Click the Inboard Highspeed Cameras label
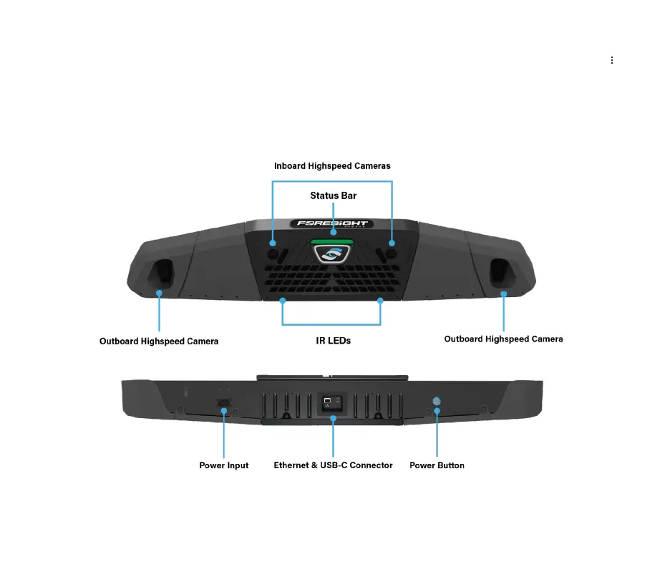click(x=332, y=166)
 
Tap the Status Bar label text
click(x=333, y=195)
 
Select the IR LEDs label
click(x=333, y=341)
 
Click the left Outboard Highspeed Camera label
click(x=159, y=341)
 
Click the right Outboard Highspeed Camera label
click(x=503, y=339)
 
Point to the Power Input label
click(x=223, y=465)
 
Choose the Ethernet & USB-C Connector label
click(x=333, y=465)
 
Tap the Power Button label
click(x=437, y=465)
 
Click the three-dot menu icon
click(x=612, y=61)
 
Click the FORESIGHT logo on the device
click(x=332, y=223)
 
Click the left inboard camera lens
click(x=273, y=253)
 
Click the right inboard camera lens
click(x=392, y=253)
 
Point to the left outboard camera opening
click(x=160, y=272)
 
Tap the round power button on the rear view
click(x=437, y=402)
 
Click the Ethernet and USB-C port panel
click(x=332, y=404)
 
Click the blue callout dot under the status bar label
click(x=333, y=232)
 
